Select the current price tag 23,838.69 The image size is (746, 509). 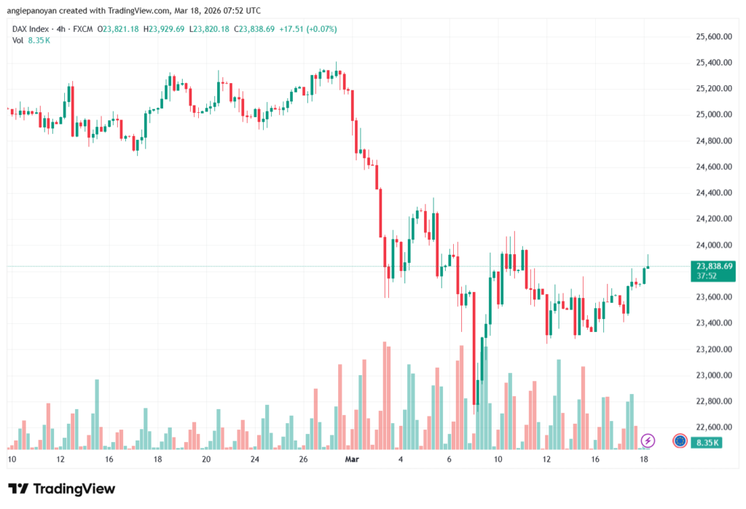click(714, 267)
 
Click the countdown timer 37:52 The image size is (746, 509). click(706, 277)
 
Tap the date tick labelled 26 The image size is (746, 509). click(304, 459)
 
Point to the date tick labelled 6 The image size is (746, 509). click(449, 459)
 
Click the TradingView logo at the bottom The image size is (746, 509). click(62, 489)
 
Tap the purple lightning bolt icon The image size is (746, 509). click(648, 441)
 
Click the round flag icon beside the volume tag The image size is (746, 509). click(680, 441)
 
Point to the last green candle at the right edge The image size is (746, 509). click(645, 275)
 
